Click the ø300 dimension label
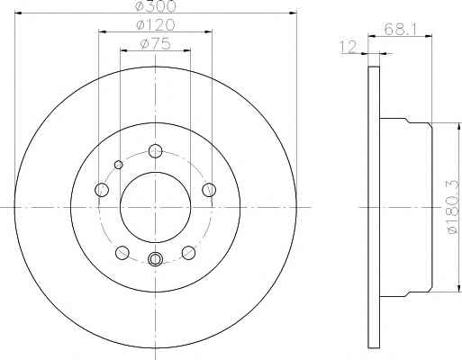[x=156, y=6]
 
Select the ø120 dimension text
[x=155, y=25]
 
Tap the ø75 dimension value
[x=155, y=44]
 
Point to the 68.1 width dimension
[x=401, y=29]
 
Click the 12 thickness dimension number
[x=348, y=47]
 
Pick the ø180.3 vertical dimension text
[x=454, y=207]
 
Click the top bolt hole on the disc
[x=155, y=150]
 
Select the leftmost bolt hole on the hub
[x=102, y=190]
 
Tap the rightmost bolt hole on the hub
[x=209, y=190]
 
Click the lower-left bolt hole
[x=122, y=253]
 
